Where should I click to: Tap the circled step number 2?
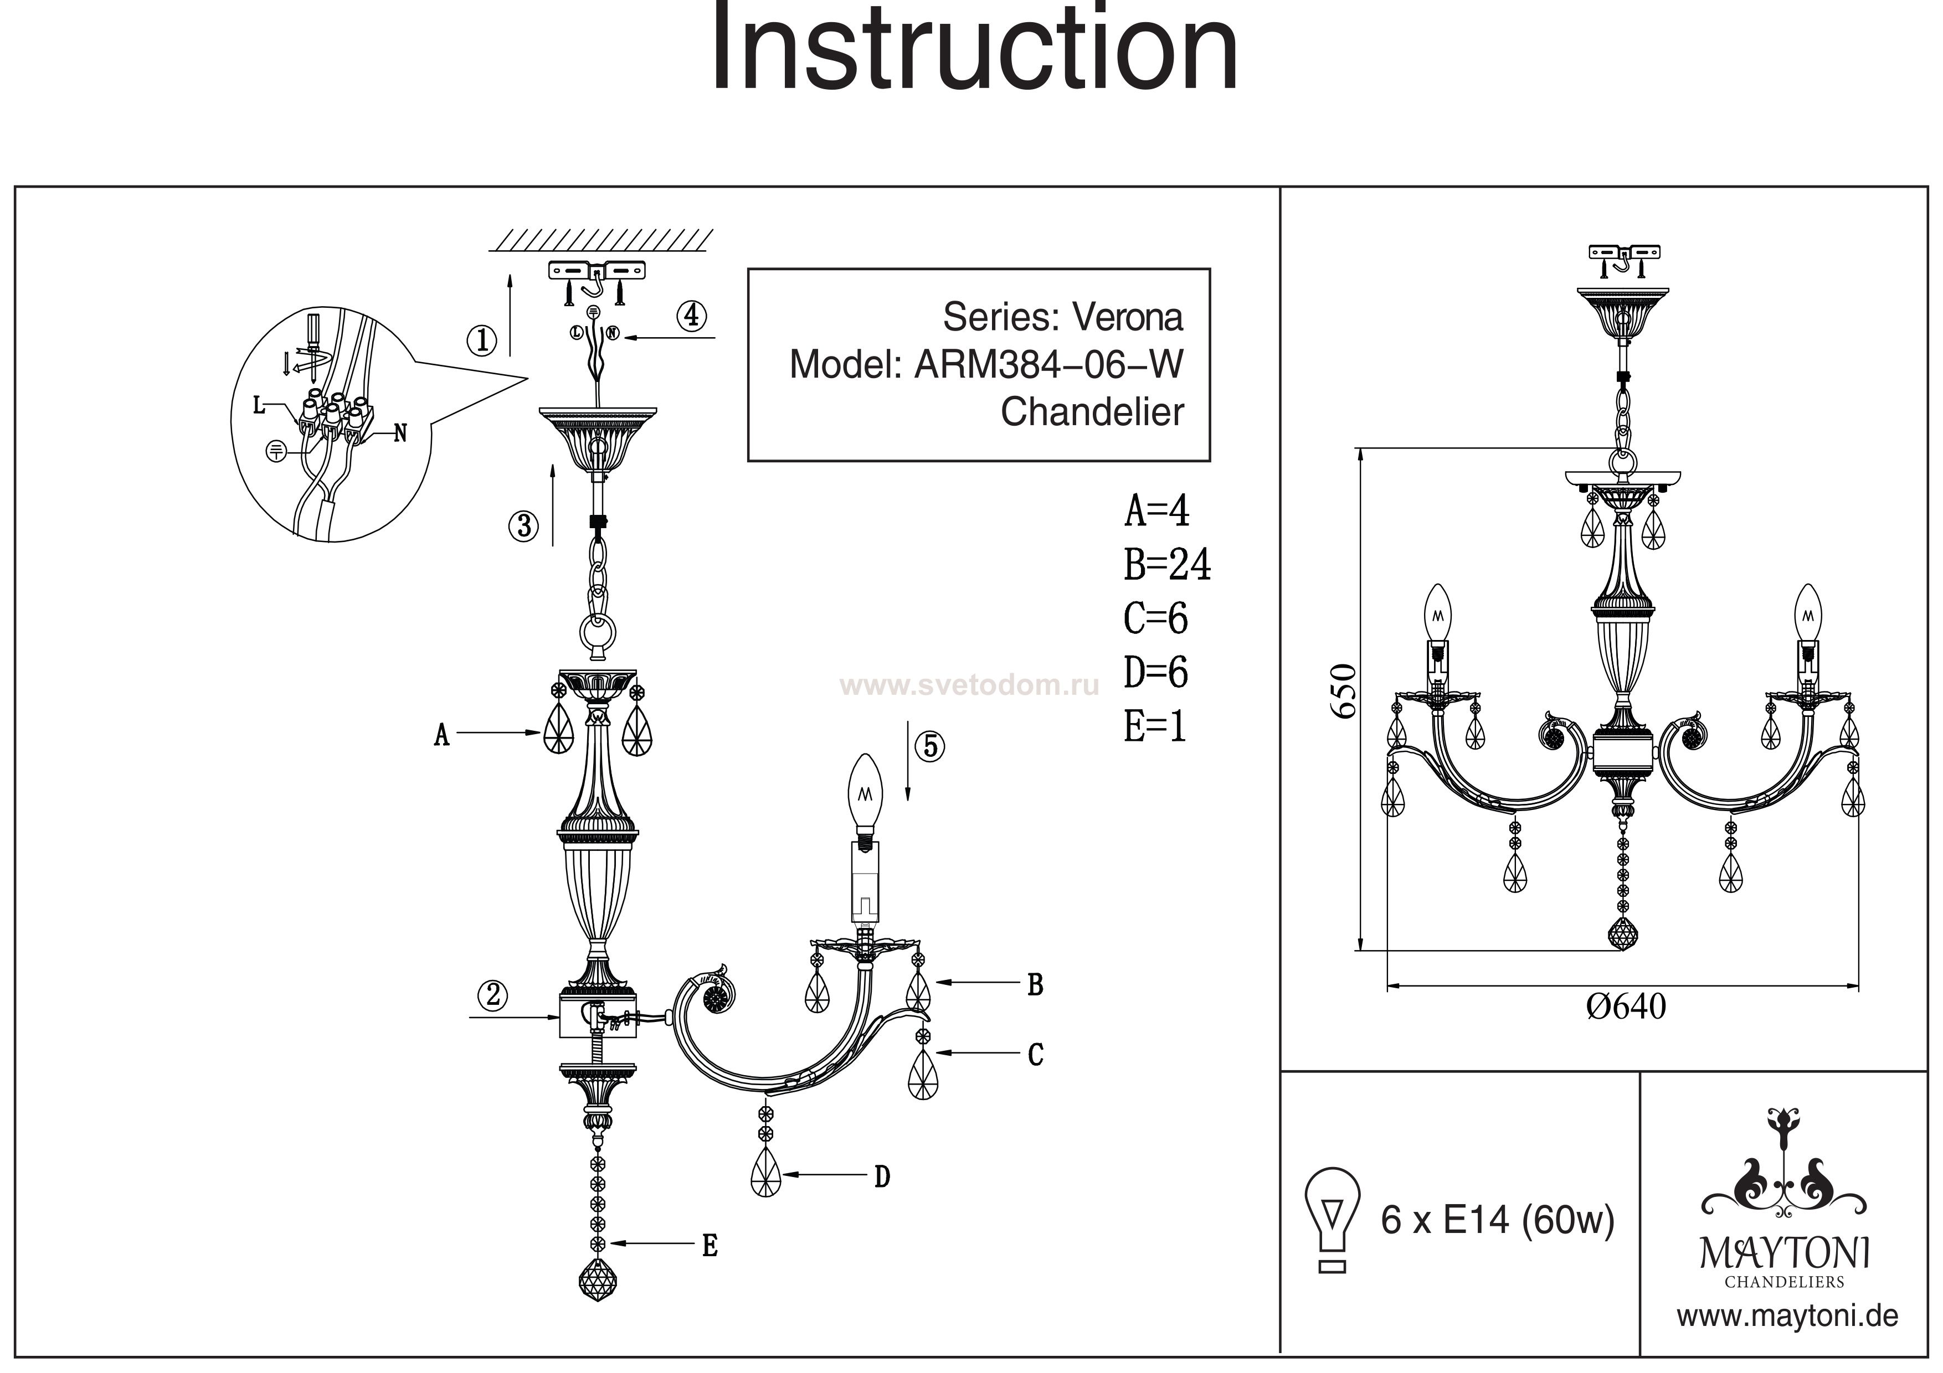(492, 995)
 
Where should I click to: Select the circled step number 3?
(524, 526)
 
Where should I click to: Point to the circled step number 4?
(691, 316)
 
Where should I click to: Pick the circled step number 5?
(930, 746)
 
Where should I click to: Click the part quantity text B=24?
(1167, 564)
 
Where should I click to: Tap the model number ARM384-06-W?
(1048, 365)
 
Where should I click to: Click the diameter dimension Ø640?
(1626, 1006)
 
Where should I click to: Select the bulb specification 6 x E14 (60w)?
(1498, 1221)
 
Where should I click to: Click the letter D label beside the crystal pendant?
(882, 1176)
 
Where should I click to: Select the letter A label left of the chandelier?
(441, 736)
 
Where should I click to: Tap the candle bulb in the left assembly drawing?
(865, 793)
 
